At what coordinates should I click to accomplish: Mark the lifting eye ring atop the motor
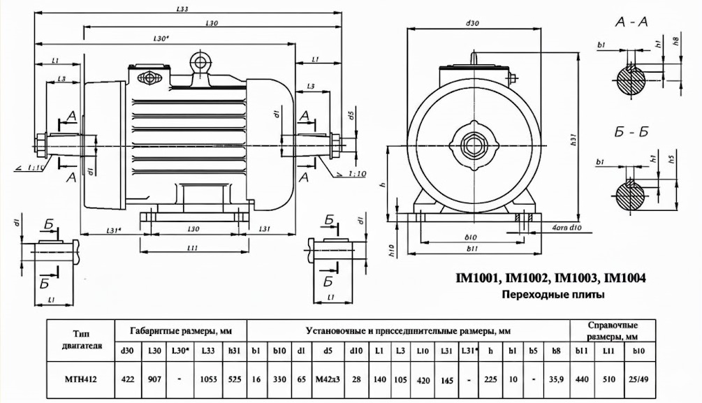point(200,61)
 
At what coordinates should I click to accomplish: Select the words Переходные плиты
point(553,295)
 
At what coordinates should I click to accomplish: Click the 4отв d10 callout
point(566,228)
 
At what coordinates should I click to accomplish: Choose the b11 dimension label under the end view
point(473,248)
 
